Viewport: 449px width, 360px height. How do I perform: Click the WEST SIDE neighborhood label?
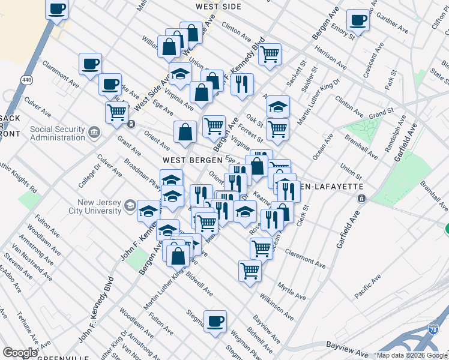coord(218,7)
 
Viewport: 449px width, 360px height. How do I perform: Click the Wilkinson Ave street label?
coord(276,306)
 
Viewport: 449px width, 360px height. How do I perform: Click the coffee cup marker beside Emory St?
coord(358,20)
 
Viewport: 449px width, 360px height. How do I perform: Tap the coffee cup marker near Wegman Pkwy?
coord(215,320)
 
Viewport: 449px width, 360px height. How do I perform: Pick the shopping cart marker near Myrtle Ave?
coord(250,269)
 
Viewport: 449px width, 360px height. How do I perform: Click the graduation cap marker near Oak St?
coord(278,106)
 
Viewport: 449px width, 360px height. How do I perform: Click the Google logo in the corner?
coord(20,353)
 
